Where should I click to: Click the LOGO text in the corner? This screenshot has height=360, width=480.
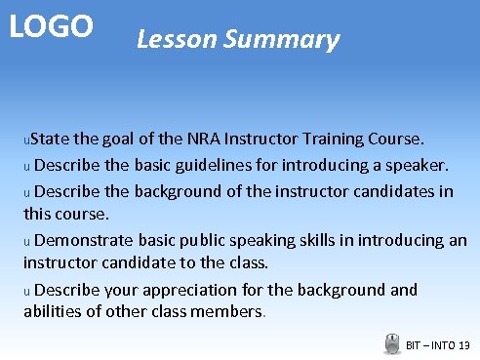(52, 26)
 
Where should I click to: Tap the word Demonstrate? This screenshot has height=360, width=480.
(85, 240)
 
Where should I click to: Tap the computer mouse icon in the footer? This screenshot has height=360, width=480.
(392, 343)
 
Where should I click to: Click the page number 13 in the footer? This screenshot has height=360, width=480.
(463, 345)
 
